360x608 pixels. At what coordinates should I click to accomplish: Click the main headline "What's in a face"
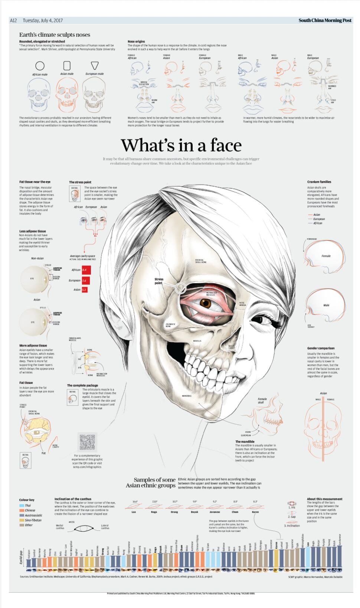[x=181, y=145]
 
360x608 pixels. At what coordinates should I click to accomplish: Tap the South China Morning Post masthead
[x=325, y=20]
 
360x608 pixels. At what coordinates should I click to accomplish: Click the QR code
[x=88, y=442]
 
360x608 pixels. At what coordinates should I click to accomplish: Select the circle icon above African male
[x=40, y=66]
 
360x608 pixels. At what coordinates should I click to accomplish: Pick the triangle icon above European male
[x=95, y=65]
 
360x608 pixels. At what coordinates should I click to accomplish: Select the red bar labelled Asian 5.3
[x=85, y=290]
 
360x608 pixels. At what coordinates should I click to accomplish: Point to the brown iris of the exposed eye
[x=205, y=303]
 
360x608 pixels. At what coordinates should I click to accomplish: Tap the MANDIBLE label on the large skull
[x=187, y=396]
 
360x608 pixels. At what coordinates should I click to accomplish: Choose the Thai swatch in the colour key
[x=22, y=506]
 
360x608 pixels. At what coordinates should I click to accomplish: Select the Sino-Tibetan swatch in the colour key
[x=22, y=520]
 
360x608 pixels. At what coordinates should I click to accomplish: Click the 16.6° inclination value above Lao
[x=135, y=501]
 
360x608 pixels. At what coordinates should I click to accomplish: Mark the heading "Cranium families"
[x=319, y=182]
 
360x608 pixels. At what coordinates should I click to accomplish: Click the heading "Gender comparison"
[x=321, y=348]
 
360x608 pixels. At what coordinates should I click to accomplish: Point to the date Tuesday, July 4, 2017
[x=43, y=20]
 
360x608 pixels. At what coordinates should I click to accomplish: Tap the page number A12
[x=13, y=20]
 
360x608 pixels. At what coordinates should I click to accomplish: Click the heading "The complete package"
[x=82, y=385]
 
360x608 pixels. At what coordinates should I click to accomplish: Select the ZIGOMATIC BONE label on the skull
[x=171, y=325]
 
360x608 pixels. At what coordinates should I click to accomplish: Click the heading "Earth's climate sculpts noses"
[x=55, y=35]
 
